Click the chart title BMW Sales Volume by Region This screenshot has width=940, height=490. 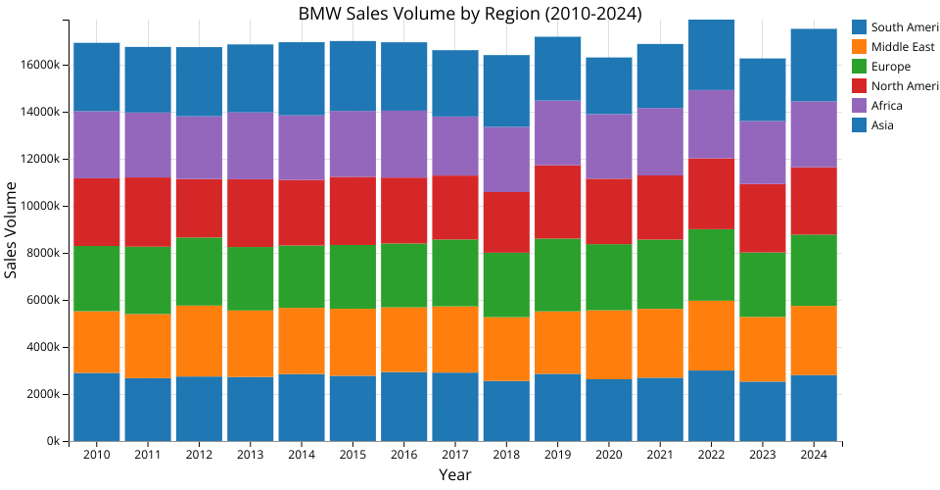(x=470, y=13)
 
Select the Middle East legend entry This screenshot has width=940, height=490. (x=889, y=47)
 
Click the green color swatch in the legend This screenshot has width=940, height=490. (x=860, y=67)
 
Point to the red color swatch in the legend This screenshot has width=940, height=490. (x=860, y=86)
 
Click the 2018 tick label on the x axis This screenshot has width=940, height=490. (x=505, y=456)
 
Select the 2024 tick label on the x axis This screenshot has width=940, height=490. (x=813, y=456)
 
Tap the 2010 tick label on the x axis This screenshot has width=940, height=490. (x=96, y=456)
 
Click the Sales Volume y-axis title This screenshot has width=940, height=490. (x=12, y=229)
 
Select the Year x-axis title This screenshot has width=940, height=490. (x=455, y=475)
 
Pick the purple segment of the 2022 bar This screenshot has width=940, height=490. (x=710, y=123)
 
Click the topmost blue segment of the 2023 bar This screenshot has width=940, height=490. (x=762, y=89)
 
